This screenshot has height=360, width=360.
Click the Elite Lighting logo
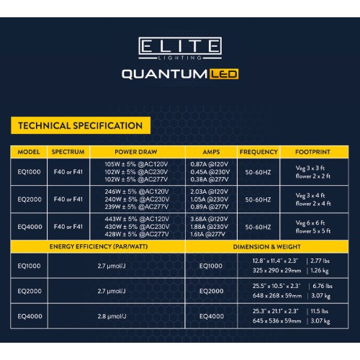[x=180, y=48]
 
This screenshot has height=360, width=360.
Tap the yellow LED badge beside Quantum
[x=224, y=74]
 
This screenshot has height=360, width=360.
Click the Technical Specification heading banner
[x=81, y=125]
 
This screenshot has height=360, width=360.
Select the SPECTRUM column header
[x=68, y=152]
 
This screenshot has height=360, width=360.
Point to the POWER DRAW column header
[x=136, y=152]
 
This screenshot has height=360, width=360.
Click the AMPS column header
[x=211, y=152]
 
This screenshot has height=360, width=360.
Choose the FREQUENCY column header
[x=258, y=152]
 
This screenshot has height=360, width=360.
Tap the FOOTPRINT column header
[x=312, y=152]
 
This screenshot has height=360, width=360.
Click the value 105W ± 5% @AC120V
[x=136, y=164]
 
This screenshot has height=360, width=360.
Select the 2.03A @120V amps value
[x=210, y=192]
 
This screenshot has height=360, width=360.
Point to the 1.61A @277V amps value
[x=208, y=234]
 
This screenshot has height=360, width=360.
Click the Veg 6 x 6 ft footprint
[x=310, y=223]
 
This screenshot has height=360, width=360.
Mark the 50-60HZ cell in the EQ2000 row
[x=258, y=199]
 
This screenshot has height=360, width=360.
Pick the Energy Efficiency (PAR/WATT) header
[x=99, y=246]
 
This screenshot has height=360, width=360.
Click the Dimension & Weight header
[x=267, y=247]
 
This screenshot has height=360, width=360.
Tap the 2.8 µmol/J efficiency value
[x=112, y=316]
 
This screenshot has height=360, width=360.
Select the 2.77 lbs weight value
[x=320, y=261]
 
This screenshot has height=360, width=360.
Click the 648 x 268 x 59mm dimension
[x=277, y=296]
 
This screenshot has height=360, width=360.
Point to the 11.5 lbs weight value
[x=320, y=311]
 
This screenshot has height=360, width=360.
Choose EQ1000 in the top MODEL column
[x=29, y=172]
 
